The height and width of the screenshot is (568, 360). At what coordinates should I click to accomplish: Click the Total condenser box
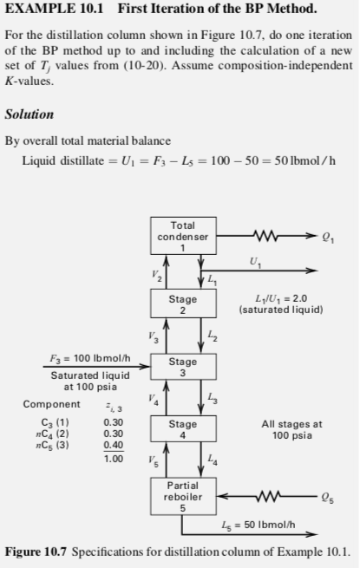(182, 237)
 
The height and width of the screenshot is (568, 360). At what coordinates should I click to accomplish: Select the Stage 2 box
(182, 304)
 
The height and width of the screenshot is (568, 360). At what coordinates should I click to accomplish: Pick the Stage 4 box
(182, 429)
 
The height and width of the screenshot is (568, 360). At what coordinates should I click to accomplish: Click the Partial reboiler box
(182, 496)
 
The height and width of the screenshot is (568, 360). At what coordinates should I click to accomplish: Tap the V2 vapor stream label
(157, 274)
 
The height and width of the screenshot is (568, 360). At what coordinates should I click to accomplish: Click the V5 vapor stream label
(157, 460)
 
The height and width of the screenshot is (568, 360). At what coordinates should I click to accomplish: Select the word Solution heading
(29, 114)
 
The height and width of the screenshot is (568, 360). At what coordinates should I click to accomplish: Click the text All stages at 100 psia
(291, 430)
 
